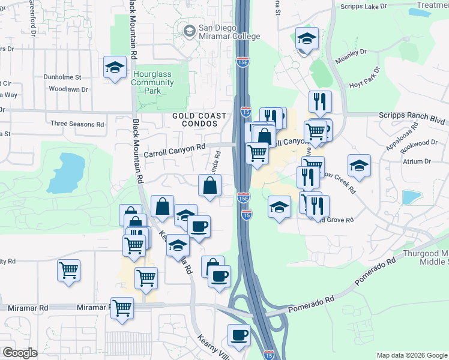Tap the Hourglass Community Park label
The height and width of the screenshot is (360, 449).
click(x=152, y=82)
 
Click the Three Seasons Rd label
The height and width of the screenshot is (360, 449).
click(x=77, y=124)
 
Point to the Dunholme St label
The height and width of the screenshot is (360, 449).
click(x=62, y=77)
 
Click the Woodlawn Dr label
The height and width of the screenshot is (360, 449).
click(x=68, y=89)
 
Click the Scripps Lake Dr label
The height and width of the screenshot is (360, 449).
click(x=365, y=7)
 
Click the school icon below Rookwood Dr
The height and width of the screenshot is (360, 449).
click(x=359, y=166)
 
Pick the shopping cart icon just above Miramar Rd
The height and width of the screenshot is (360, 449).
click(x=122, y=308)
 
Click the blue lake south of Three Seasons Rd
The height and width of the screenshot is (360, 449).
click(x=65, y=172)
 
